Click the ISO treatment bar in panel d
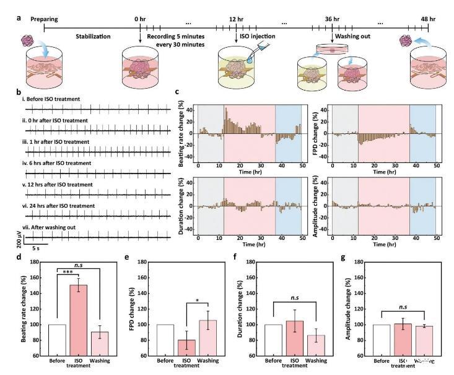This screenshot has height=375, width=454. [78, 320]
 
